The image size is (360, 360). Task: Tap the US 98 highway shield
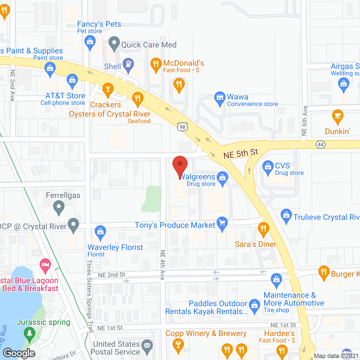183,127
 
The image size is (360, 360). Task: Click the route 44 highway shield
321,145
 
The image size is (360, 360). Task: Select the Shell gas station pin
128,65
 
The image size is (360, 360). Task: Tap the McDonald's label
184,63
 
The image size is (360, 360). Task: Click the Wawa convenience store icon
220,98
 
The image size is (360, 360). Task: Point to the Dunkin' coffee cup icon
337,116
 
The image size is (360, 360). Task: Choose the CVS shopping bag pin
268,167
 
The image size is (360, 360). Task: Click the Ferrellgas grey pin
59,208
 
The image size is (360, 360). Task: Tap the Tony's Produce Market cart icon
222,223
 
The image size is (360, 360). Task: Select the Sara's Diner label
255,244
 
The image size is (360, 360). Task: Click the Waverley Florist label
115,247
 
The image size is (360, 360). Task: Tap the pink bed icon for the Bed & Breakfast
45,265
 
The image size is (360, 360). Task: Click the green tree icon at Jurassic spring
29,333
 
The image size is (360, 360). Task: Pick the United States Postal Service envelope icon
147,346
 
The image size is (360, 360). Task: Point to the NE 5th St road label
240,154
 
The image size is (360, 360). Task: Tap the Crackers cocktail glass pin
108,89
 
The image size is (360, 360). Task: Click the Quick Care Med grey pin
114,43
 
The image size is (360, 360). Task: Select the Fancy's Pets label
99,24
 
